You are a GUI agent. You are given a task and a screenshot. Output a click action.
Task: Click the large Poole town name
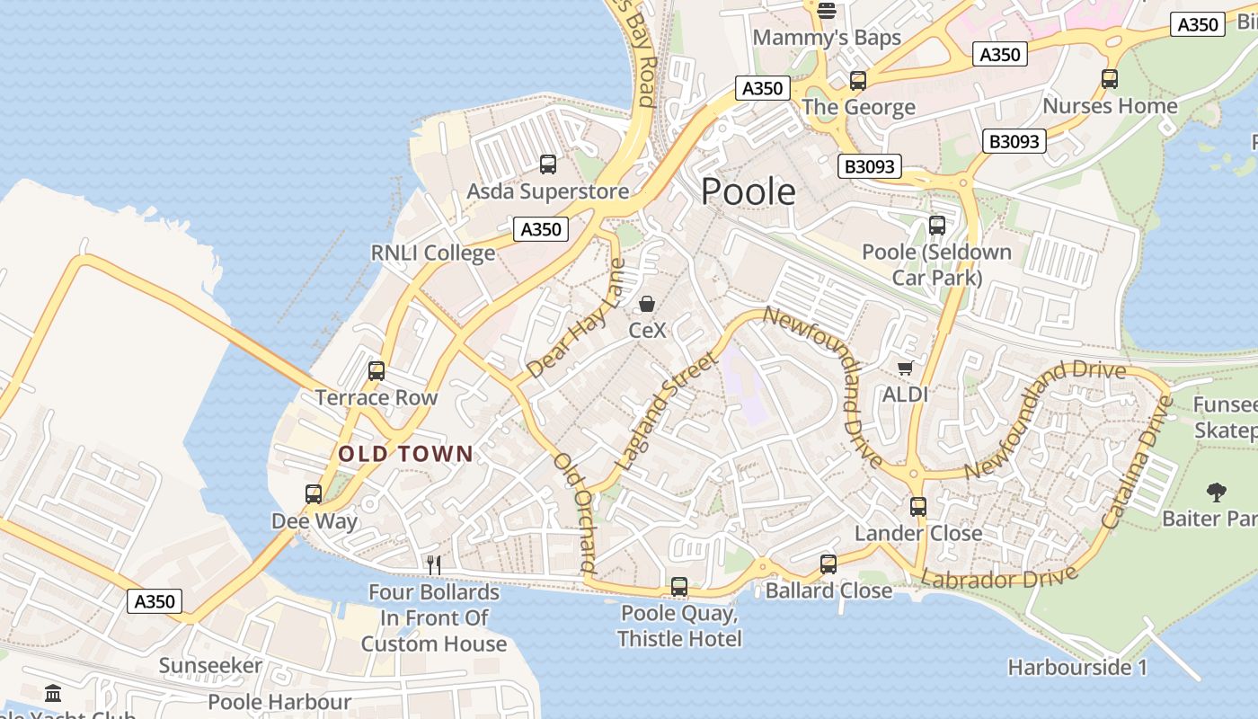pos(748,192)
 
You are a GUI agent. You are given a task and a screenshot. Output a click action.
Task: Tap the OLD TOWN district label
pos(405,454)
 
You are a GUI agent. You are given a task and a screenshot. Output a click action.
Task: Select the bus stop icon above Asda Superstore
pos(547,164)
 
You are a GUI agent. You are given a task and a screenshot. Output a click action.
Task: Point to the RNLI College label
pos(433,253)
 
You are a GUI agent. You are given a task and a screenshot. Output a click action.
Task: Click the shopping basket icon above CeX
pos(647,304)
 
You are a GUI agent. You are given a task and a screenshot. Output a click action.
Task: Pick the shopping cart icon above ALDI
pos(905,368)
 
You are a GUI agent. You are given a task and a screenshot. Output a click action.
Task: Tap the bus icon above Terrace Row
pos(377,370)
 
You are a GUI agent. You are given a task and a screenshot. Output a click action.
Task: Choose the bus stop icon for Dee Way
pos(314,493)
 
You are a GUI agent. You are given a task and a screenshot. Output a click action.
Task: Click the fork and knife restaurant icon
pos(434,564)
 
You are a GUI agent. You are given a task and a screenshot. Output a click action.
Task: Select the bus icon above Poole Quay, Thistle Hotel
pos(679,587)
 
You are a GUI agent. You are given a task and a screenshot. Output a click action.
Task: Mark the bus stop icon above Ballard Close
pos(828,564)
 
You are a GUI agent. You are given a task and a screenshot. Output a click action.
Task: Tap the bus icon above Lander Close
pos(917,506)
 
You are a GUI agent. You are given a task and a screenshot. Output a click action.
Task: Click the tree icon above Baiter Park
pos(1217,492)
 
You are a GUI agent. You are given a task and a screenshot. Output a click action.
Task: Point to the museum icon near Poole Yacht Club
pos(53,693)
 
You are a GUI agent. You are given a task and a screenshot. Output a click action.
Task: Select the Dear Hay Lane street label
pos(576,319)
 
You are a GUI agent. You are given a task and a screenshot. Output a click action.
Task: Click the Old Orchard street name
pos(576,512)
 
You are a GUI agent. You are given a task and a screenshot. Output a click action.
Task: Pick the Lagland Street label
pos(667,411)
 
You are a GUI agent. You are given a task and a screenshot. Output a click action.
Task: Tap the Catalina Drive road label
pos(1138,464)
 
